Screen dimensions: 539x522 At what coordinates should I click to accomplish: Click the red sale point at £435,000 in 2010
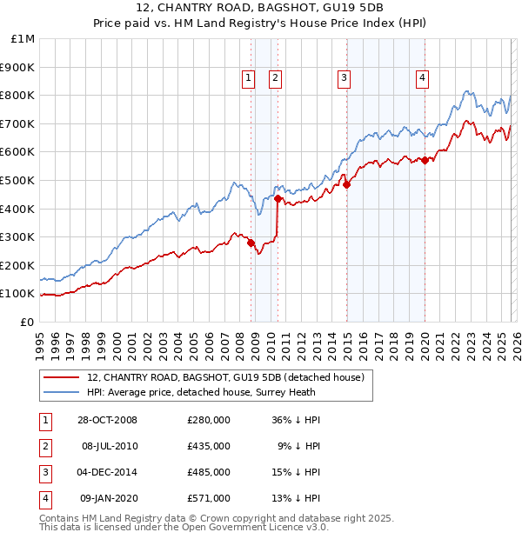coord(278,198)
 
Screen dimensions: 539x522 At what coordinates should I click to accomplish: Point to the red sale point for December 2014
coord(346,184)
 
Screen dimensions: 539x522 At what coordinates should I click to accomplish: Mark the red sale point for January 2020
coord(425,160)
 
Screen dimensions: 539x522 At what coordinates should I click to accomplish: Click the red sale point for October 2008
coord(251,243)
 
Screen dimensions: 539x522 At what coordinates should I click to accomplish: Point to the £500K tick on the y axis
coord(17,180)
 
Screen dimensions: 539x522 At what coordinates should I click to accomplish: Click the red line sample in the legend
coord(62,377)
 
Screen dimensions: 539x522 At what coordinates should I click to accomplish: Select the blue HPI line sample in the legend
coord(62,392)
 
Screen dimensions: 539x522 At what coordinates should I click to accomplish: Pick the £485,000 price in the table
coord(209,472)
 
